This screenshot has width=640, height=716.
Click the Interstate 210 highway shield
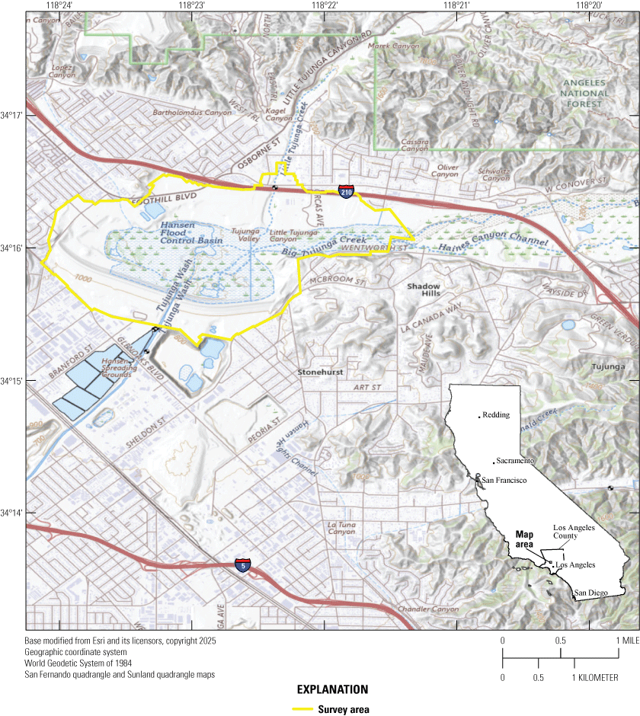coord(346,192)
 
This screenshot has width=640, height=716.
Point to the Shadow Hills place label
coord(424,291)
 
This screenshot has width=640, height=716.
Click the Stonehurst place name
coord(320,372)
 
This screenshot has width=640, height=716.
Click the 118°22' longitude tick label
coord(324,5)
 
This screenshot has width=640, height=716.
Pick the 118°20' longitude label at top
coord(588,5)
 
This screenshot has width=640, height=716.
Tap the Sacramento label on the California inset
coord(515,462)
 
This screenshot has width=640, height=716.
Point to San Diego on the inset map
coord(592,593)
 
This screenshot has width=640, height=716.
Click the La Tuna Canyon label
coord(341,529)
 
